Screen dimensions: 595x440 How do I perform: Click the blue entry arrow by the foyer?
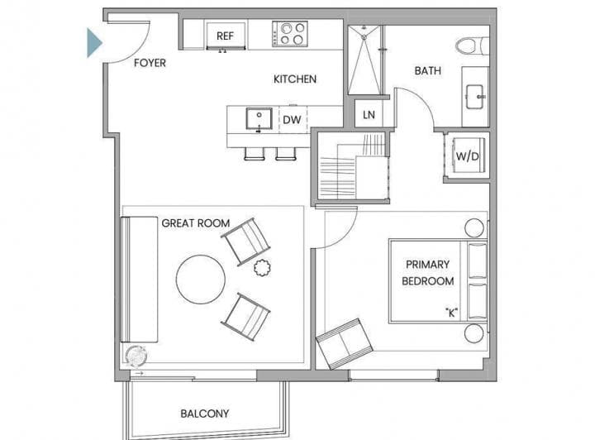point(94,43)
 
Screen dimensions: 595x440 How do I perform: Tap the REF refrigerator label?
point(225,36)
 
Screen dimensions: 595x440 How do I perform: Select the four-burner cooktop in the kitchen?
point(290,34)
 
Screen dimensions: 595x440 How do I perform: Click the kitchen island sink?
point(259,118)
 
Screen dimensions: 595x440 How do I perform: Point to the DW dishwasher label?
point(292,120)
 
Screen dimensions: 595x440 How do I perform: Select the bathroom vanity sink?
point(474,97)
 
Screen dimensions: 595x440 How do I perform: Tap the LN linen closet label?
point(369,115)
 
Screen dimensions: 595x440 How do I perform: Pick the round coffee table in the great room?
point(200,280)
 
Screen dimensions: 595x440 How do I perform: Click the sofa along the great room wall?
point(139,280)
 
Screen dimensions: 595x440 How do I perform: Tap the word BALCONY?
point(205,414)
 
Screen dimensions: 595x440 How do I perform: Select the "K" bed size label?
point(451,313)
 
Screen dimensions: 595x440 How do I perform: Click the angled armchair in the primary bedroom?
point(344,343)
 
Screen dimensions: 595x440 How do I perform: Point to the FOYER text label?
point(150,63)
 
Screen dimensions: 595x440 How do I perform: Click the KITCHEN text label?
point(295,79)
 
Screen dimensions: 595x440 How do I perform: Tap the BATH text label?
point(428,70)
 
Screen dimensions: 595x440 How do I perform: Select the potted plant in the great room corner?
point(136,356)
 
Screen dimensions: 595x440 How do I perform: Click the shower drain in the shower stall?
point(364,37)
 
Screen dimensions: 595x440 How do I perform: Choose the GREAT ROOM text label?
point(196,223)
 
